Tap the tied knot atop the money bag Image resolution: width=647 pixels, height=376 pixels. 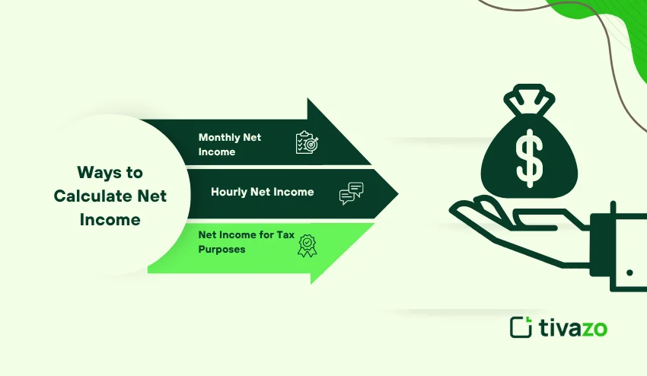527,102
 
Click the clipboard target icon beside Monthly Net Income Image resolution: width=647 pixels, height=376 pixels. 306,142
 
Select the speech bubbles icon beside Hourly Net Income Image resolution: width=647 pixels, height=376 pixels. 351,193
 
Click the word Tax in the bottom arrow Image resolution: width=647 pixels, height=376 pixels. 285,234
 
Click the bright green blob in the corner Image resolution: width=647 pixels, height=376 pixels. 609,23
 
